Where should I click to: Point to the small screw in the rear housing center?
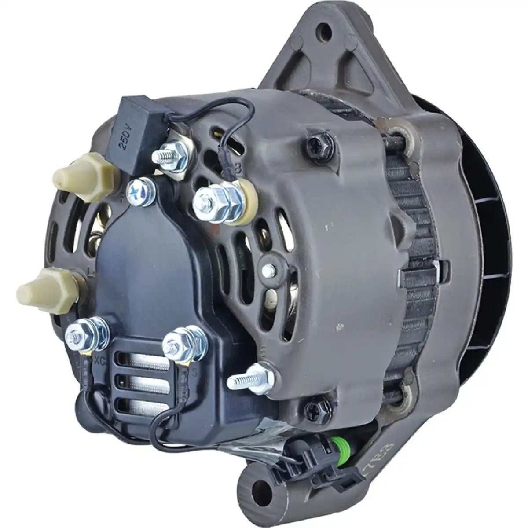pos(267,268)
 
